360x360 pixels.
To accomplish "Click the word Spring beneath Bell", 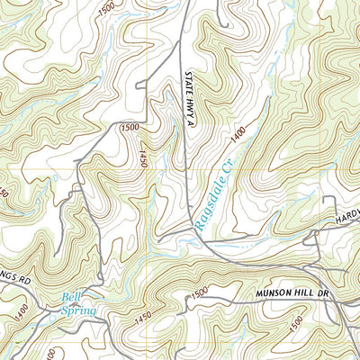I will pyautogui.click(x=79, y=310).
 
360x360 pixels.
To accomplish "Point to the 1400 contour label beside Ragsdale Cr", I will pyautogui.click(x=237, y=136).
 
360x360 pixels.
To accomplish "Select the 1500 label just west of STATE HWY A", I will pyautogui.click(x=130, y=128).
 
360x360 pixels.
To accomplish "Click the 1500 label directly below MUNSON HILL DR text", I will pyautogui.click(x=285, y=319).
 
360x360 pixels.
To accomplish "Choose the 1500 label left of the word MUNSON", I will pyautogui.click(x=199, y=292).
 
